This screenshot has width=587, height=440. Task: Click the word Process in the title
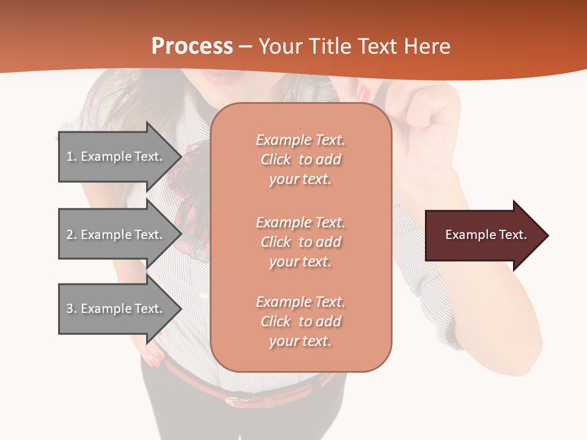192,46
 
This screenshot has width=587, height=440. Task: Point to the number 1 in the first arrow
70,156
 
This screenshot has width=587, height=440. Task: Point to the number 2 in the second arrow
70,235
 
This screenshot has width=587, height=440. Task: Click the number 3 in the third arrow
70,309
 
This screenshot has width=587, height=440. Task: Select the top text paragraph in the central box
300,159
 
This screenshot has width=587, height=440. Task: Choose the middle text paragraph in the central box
300,242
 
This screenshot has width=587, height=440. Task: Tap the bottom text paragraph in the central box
300,321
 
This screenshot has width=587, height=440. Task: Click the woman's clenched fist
428,116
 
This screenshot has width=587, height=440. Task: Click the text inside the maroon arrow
486,235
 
